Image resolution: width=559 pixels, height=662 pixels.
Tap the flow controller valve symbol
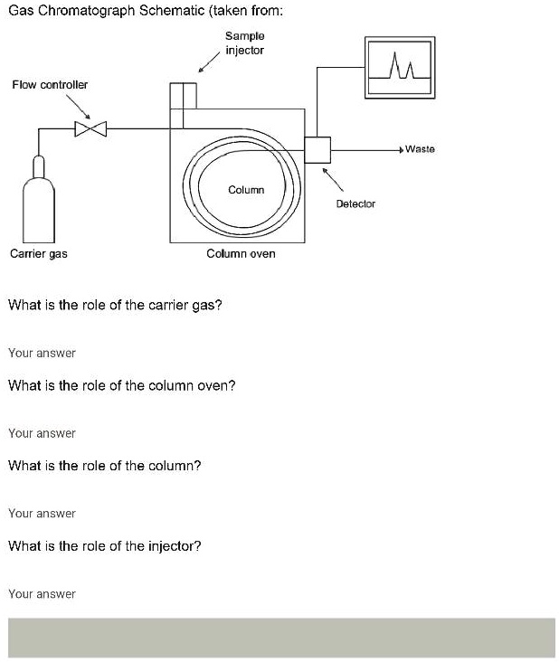coord(90,129)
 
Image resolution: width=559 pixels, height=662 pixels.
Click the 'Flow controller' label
coord(50,84)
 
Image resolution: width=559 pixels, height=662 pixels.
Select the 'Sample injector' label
coord(244,43)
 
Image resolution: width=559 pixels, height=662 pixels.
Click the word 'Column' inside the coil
coord(246,190)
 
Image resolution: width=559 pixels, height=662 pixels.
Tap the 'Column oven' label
coord(241,254)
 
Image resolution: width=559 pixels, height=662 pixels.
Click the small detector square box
coord(317,149)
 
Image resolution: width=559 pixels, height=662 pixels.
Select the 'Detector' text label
coord(355,204)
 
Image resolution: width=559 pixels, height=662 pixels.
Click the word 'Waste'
coord(420,148)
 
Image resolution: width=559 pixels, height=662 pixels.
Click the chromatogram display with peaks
coord(398,68)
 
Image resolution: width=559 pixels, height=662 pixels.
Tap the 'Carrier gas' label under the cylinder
coord(38,254)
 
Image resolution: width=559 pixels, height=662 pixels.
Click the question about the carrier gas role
coord(115,306)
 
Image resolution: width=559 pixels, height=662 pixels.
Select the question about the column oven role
coord(121,386)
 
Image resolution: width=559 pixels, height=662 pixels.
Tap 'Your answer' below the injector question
coord(42,594)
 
